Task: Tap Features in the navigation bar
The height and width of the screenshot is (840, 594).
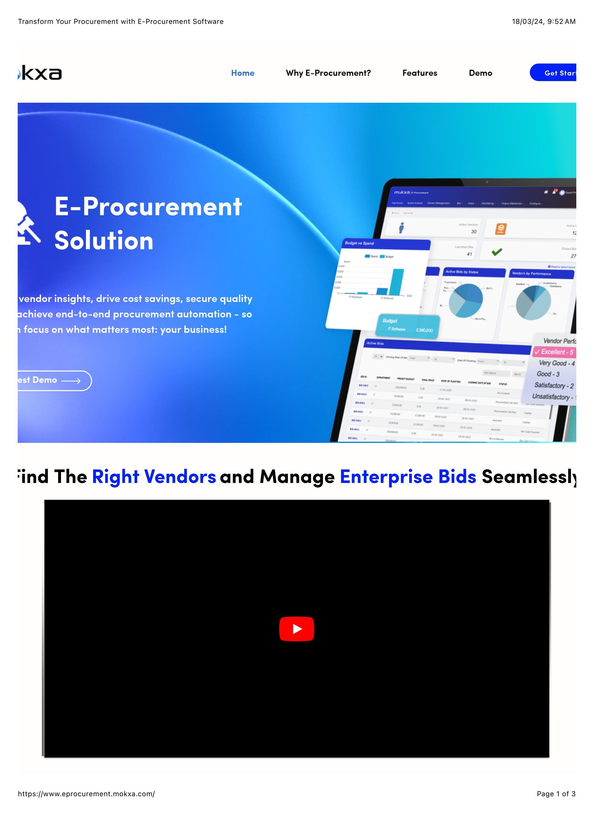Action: coord(420,73)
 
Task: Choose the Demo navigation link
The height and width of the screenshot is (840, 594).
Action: coord(481,73)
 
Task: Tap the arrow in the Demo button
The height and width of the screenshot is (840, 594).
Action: coord(71,381)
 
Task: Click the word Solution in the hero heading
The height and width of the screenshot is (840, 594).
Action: coord(104,241)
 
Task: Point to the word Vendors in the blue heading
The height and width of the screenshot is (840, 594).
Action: coord(180,477)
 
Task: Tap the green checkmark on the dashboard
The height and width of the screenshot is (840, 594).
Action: coord(497,252)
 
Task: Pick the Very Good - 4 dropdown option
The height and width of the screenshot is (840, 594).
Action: coord(556,363)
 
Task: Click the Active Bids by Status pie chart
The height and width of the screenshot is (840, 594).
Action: coord(466,300)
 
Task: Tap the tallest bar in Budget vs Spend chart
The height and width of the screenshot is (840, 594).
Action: coord(397,282)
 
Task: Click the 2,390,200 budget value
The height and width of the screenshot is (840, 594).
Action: coord(424,330)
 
